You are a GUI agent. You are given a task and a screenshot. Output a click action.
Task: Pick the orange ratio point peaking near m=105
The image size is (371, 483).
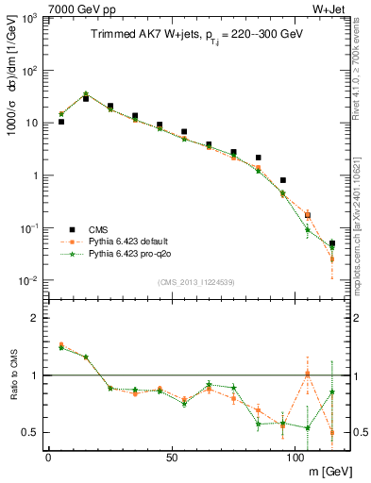[308, 374]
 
